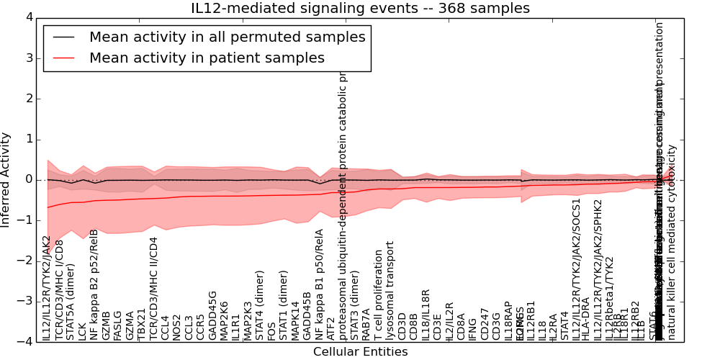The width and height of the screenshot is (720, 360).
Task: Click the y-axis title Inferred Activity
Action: (6, 179)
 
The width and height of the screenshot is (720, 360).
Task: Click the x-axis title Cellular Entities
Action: (360, 352)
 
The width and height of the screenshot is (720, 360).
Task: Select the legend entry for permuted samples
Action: (227, 37)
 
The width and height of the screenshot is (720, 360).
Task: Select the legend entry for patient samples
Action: (207, 58)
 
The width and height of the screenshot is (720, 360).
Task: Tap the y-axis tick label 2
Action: (28, 99)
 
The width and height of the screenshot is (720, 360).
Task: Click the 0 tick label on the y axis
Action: (28, 179)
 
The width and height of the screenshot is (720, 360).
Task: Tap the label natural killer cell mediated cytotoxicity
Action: (672, 242)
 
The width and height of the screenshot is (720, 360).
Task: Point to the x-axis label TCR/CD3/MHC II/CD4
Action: (153, 287)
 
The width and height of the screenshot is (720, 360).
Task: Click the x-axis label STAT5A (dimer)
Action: (71, 300)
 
